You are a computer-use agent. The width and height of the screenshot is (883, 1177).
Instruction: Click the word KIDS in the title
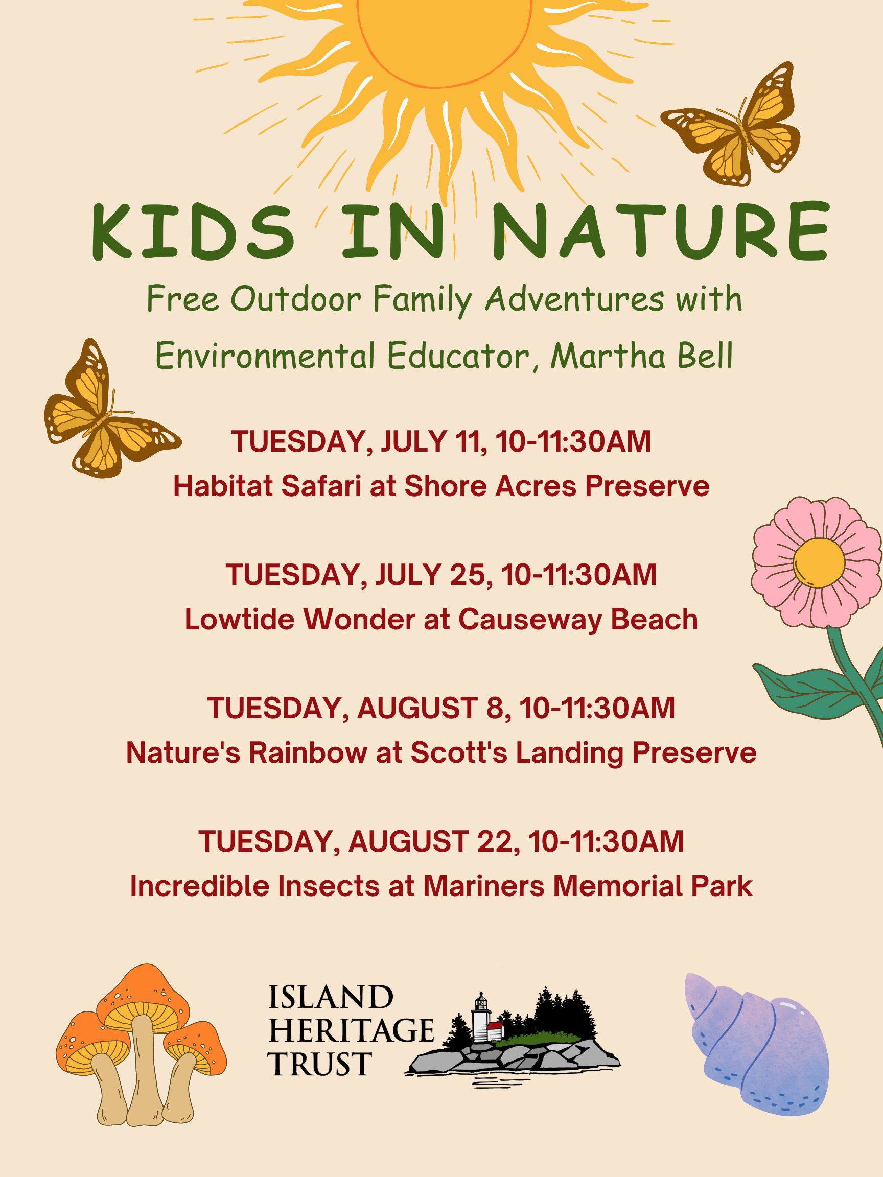tap(193, 231)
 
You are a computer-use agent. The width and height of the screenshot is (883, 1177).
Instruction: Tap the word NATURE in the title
tap(660, 231)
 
